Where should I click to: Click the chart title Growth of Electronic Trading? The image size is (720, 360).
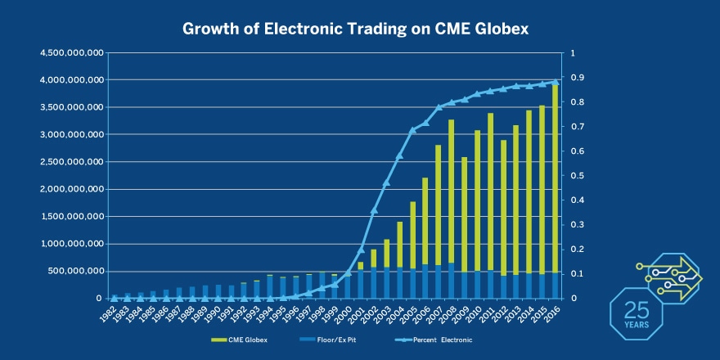(x=356, y=29)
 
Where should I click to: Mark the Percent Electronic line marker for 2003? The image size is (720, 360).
(x=386, y=182)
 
